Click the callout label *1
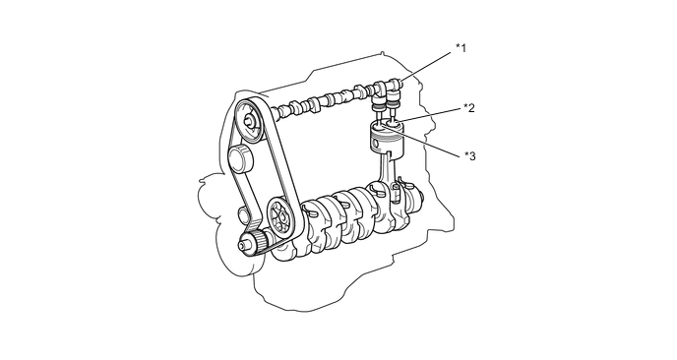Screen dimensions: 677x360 tap(462, 47)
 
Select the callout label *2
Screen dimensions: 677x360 tap(469, 108)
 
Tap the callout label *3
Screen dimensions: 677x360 tap(470, 155)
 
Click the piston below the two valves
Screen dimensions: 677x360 tap(388, 138)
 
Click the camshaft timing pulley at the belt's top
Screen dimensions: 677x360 tap(250, 122)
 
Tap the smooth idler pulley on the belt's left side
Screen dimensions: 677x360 tap(240, 159)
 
